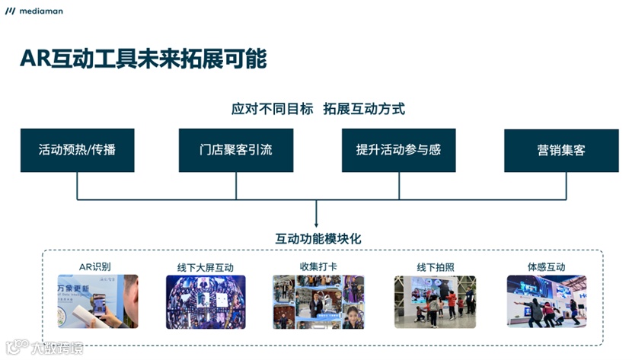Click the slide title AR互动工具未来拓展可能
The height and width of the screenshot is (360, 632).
[x=143, y=58]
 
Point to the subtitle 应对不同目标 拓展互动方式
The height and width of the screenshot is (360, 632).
[x=318, y=109]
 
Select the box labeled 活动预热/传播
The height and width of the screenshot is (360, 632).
[x=78, y=150]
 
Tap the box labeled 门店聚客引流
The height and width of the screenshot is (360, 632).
[x=235, y=150]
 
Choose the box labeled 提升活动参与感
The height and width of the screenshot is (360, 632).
[x=398, y=150]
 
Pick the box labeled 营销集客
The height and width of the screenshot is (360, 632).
[x=560, y=151]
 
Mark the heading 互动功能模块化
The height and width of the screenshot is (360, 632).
[x=318, y=238]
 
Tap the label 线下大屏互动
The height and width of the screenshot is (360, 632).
[x=205, y=267]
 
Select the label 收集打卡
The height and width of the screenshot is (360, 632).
[x=318, y=266]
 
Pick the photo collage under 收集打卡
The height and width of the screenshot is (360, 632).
[x=318, y=301]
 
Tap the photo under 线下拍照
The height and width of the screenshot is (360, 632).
[x=435, y=301]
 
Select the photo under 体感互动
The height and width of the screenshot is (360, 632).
[x=546, y=301]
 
